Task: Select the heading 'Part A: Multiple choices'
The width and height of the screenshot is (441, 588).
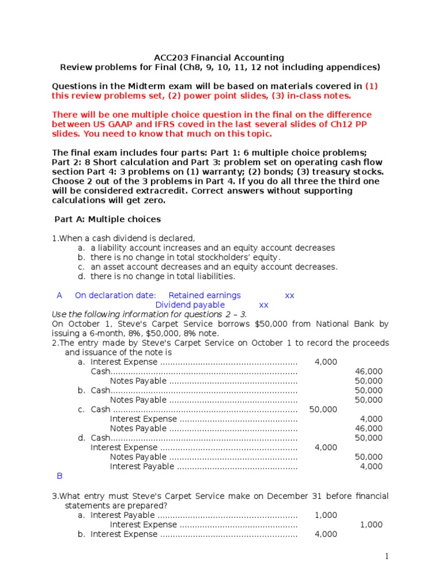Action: pos(107,219)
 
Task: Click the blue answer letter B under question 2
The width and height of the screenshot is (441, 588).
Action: pos(59,476)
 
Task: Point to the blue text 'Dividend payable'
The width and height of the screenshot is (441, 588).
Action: pos(190,305)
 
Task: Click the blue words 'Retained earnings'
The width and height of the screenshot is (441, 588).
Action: pos(204,295)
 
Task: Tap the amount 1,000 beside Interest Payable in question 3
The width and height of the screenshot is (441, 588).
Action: pos(326,515)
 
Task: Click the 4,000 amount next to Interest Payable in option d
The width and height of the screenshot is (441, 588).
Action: pos(371,466)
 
